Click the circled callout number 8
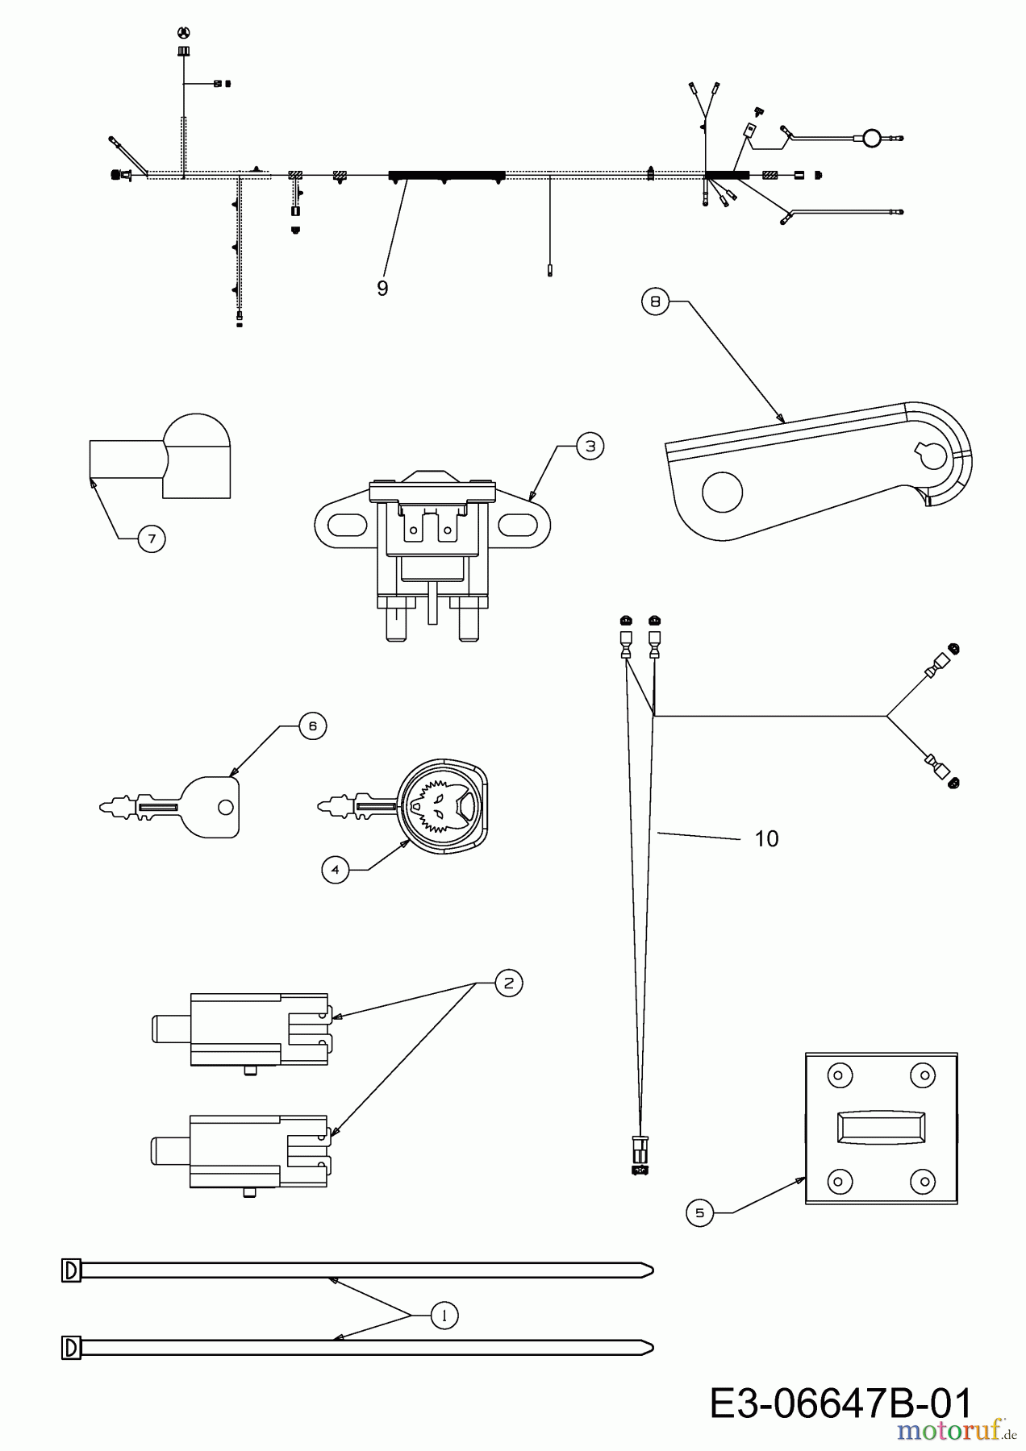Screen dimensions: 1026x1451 click(655, 302)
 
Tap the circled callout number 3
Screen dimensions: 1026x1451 click(590, 446)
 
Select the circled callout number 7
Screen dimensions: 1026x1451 click(152, 538)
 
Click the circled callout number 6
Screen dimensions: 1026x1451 click(313, 726)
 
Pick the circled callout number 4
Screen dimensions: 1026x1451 click(336, 870)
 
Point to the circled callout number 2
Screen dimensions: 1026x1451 click(509, 983)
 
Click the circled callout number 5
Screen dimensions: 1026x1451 click(700, 1212)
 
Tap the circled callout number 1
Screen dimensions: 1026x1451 click(444, 1316)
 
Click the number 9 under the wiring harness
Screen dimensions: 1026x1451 click(382, 289)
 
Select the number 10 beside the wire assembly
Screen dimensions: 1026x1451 click(767, 839)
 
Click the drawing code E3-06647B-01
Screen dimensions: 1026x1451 click(841, 1404)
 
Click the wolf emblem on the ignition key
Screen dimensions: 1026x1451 click(442, 805)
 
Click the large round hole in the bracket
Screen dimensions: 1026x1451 click(722, 493)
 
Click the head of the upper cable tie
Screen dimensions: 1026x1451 click(72, 1270)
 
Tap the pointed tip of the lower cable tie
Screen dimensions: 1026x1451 click(652, 1347)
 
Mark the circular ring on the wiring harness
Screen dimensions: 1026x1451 click(871, 139)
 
